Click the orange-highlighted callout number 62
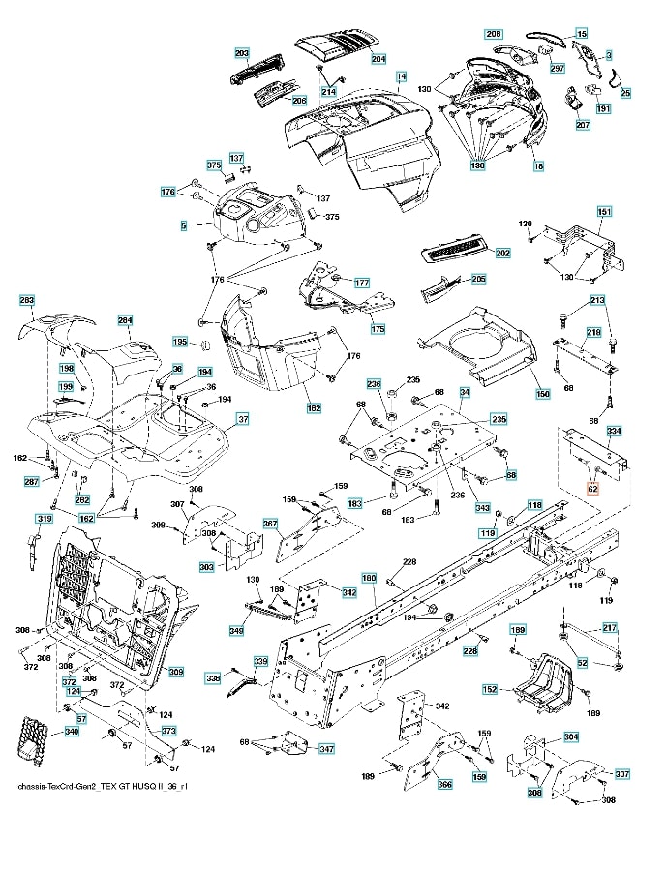click(592, 490)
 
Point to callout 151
click(604, 212)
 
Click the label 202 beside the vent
click(502, 253)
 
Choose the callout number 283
click(27, 301)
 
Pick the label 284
click(125, 320)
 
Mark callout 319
click(44, 520)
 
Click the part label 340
click(71, 732)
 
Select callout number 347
click(327, 749)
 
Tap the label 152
click(491, 689)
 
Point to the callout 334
click(614, 430)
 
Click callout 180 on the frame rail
click(369, 578)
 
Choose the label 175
click(378, 329)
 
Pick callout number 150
click(542, 394)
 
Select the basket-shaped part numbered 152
click(542, 680)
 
